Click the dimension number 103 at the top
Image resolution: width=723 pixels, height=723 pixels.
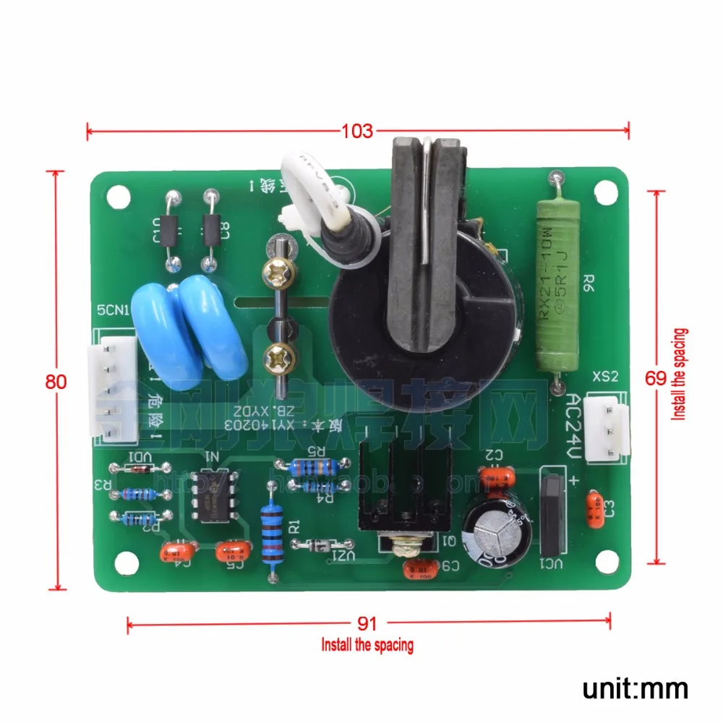pyautogui.click(x=358, y=131)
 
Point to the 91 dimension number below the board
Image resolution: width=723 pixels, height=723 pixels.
pyautogui.click(x=368, y=622)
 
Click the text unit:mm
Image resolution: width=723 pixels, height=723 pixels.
pyautogui.click(x=636, y=687)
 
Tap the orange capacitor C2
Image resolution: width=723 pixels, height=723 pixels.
pyautogui.click(x=497, y=476)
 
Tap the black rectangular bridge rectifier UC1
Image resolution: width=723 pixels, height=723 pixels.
pyautogui.click(x=552, y=513)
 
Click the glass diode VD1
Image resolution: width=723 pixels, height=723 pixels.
pyautogui.click(x=137, y=468)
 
